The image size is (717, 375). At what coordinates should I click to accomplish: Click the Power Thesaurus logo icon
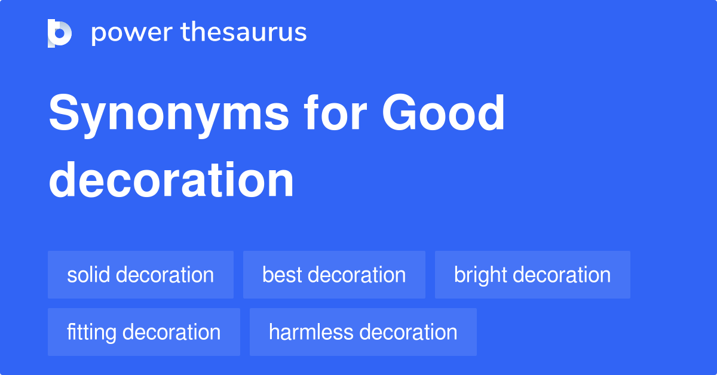coord(60,33)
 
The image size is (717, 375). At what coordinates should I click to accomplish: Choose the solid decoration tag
coord(140,275)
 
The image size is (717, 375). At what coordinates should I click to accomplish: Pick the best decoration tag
coord(334,275)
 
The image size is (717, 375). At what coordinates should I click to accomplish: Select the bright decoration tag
coord(532,275)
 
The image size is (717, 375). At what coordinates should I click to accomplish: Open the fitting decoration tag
coord(143,332)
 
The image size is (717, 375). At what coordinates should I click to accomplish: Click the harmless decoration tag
coord(363,332)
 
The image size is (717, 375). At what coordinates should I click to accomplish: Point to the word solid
coord(88,275)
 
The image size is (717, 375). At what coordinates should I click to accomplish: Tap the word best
coord(281,275)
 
